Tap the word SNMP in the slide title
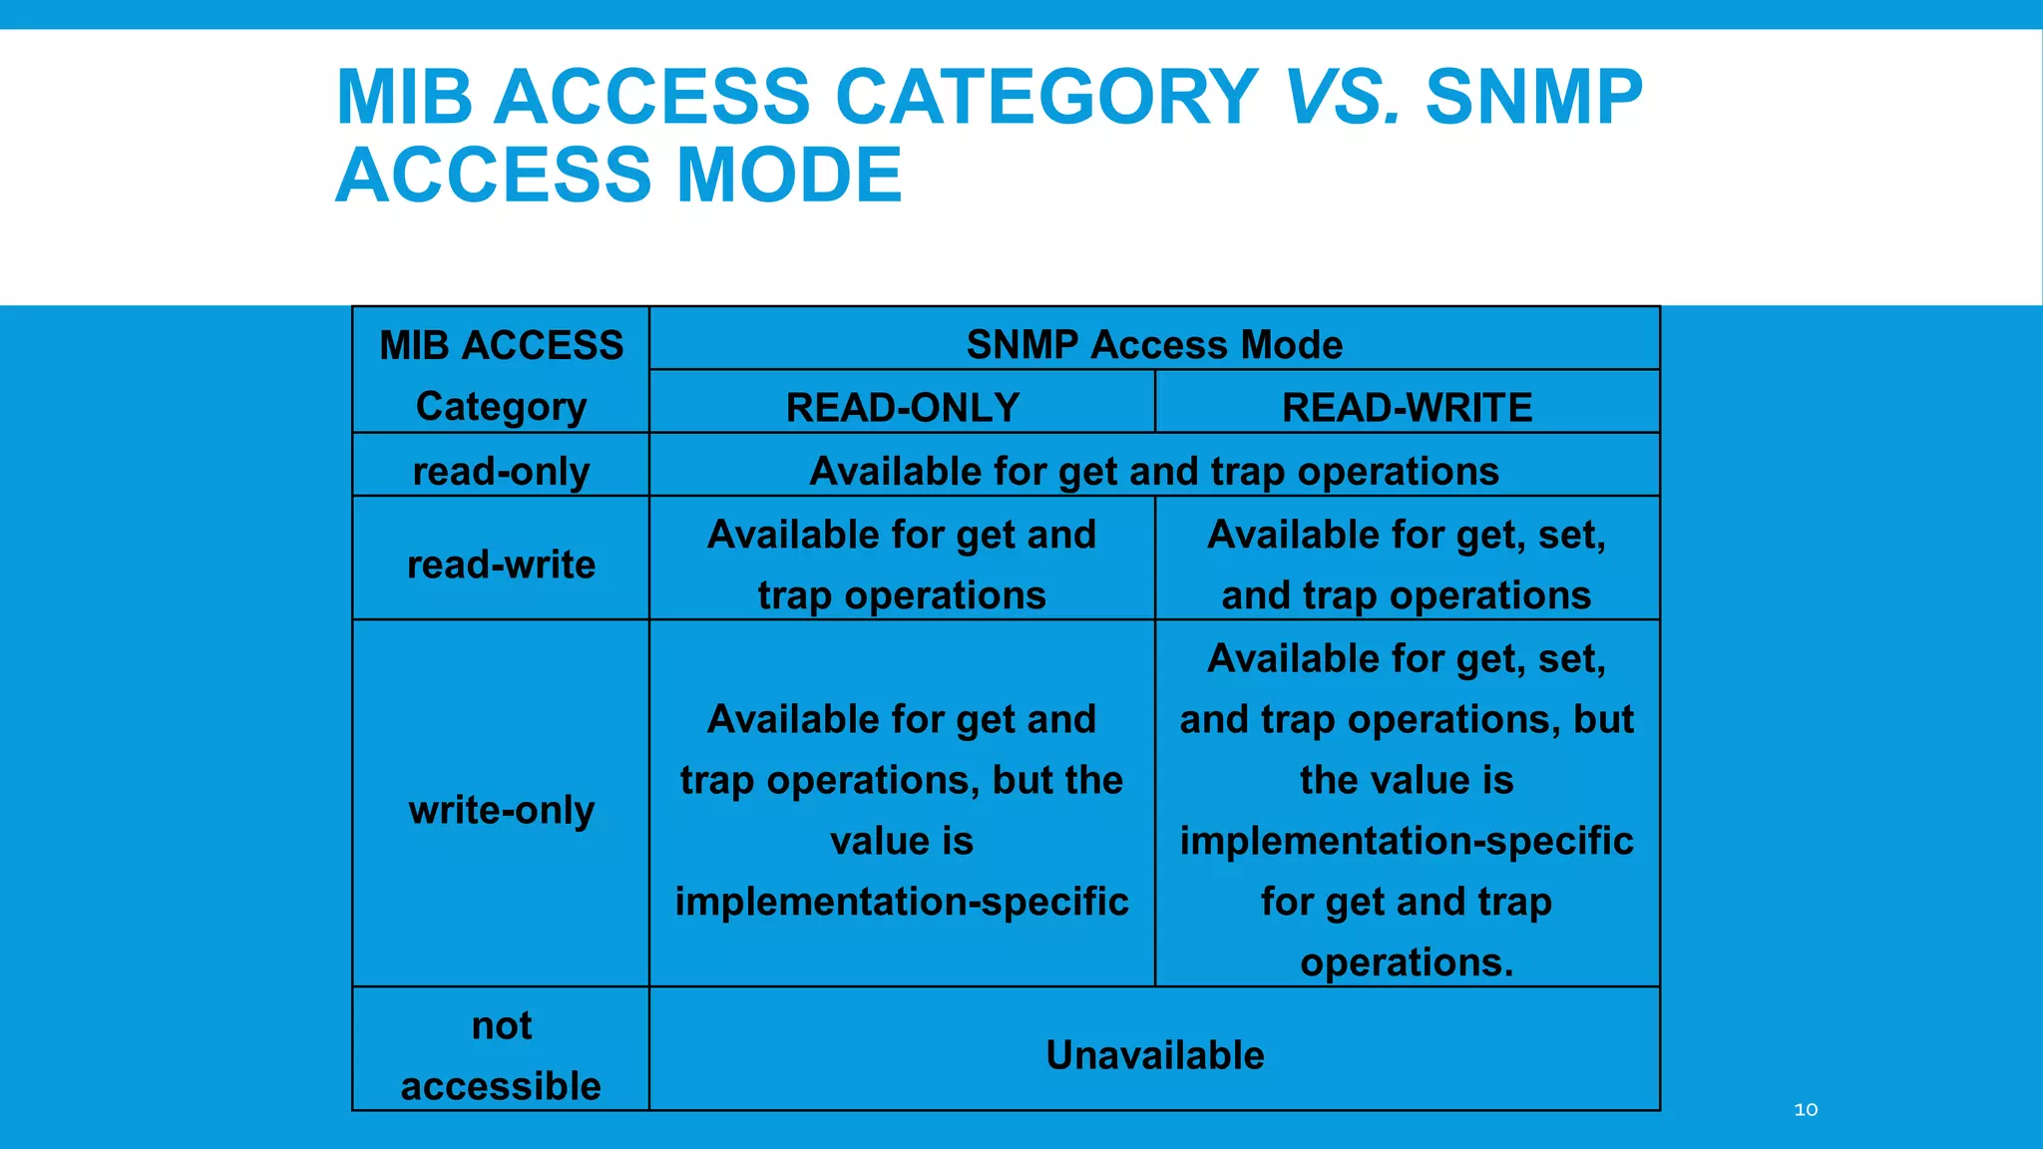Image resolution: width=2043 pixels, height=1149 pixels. coord(1533,98)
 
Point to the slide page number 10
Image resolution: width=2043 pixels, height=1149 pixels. coord(1806,1109)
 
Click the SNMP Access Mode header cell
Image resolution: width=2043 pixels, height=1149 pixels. coord(1154,344)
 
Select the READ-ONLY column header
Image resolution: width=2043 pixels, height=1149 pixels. coord(902,407)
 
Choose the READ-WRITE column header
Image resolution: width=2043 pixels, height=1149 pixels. coord(1407,407)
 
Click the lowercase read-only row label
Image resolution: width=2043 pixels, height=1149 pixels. coord(501,471)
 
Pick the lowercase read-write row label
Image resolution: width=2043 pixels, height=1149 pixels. coord(501,565)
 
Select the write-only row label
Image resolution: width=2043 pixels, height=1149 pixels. coord(501,810)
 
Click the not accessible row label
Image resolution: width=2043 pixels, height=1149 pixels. coord(501,1055)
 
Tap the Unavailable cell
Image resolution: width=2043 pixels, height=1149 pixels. coord(1154,1055)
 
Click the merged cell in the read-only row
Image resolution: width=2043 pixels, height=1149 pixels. coord(1154,471)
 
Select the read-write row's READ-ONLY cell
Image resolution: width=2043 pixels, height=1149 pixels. coord(902,565)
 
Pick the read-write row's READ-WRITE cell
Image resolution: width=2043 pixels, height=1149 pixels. coord(1407,565)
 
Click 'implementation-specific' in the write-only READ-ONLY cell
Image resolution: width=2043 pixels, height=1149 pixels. coord(902,902)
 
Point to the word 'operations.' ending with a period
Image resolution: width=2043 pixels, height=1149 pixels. coord(1407,962)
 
